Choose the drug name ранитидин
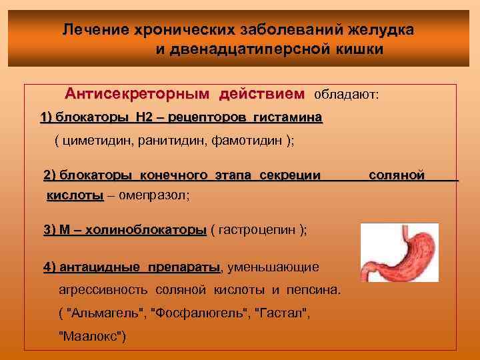[169, 141]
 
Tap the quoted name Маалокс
[92, 336]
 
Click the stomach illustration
[399, 253]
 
